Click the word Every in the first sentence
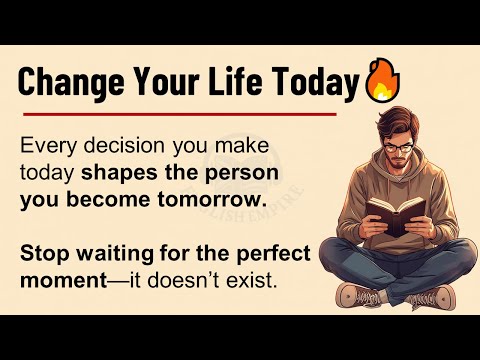[x=46, y=146]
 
